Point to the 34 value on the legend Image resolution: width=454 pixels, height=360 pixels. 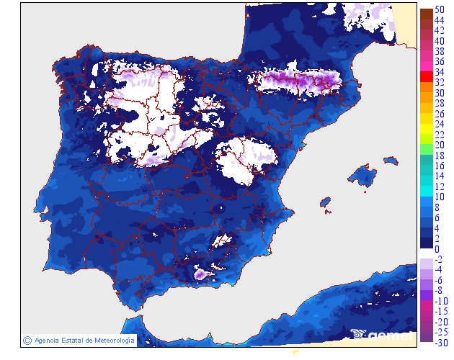pos(440,72)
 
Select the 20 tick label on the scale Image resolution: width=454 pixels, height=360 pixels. pos(440,145)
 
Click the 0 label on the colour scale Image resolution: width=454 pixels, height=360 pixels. pos(437,249)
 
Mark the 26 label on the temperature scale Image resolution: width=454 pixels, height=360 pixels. pos(440,114)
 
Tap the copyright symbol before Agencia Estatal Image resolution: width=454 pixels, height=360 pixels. pos(27,340)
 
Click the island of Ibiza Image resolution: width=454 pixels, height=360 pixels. pos(325,204)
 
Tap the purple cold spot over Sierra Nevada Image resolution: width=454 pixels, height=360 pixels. pos(200,274)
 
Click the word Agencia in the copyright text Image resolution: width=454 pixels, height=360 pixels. pos(48,340)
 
